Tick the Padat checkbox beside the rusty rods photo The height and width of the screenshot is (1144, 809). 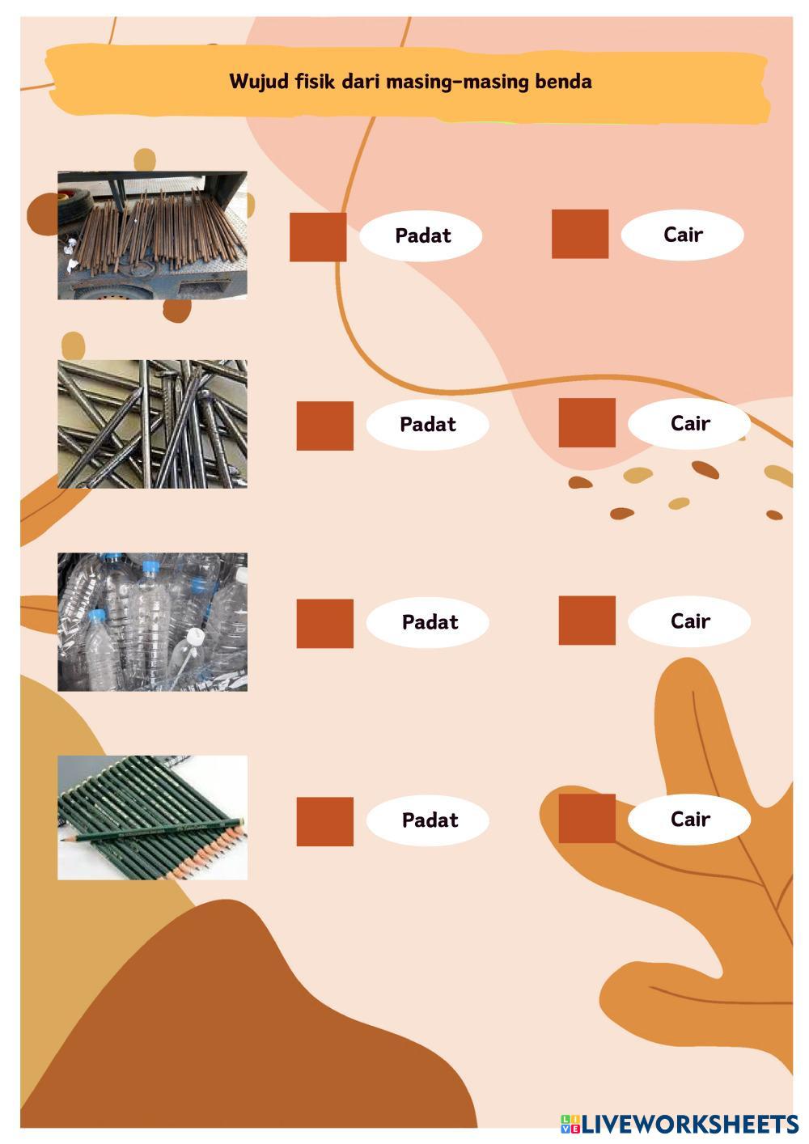point(318,237)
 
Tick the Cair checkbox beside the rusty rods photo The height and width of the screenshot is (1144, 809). point(579,234)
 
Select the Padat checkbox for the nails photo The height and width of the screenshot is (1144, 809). point(324,426)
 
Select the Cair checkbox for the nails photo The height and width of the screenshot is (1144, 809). point(587,422)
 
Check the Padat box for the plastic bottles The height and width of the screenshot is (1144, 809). point(324,623)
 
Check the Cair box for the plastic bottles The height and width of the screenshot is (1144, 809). point(587,621)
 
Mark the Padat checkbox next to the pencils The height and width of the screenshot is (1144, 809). point(324,821)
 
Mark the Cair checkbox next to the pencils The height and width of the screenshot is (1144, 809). point(587,818)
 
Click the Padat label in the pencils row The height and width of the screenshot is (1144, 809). point(430,820)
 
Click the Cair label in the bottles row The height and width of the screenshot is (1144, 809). point(690,621)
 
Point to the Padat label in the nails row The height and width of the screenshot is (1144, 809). point(428,424)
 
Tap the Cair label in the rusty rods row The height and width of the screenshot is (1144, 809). point(683,235)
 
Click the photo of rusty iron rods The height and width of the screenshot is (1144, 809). point(152,235)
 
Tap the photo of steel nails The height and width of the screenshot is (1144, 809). point(152,424)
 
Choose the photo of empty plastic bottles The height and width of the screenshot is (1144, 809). point(152,621)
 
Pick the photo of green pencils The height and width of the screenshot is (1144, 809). point(152,817)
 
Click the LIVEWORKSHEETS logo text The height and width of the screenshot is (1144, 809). point(688,1124)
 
